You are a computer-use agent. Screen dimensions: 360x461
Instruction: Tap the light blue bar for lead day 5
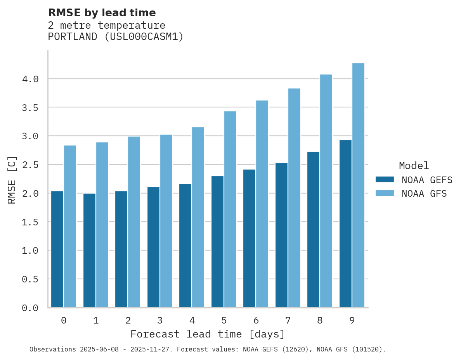(x=230, y=209)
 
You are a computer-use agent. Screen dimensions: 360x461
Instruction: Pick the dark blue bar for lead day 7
(x=281, y=235)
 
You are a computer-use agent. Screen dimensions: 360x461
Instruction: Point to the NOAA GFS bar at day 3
(x=166, y=221)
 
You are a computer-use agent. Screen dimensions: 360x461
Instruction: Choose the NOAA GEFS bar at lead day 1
(x=89, y=250)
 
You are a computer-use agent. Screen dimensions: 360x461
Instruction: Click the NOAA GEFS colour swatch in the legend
(x=385, y=180)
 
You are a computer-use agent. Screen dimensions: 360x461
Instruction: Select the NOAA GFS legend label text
(x=424, y=194)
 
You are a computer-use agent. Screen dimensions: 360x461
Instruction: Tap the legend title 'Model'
(x=414, y=166)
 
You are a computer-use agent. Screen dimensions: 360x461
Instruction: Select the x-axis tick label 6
(x=256, y=320)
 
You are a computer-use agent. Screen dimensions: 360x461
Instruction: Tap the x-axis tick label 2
(x=128, y=320)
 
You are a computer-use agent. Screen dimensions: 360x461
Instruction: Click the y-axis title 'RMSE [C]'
(x=12, y=180)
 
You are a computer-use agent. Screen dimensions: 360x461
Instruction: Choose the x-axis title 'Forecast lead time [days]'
(x=208, y=334)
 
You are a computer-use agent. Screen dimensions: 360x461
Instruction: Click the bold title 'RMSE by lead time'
(x=102, y=13)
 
